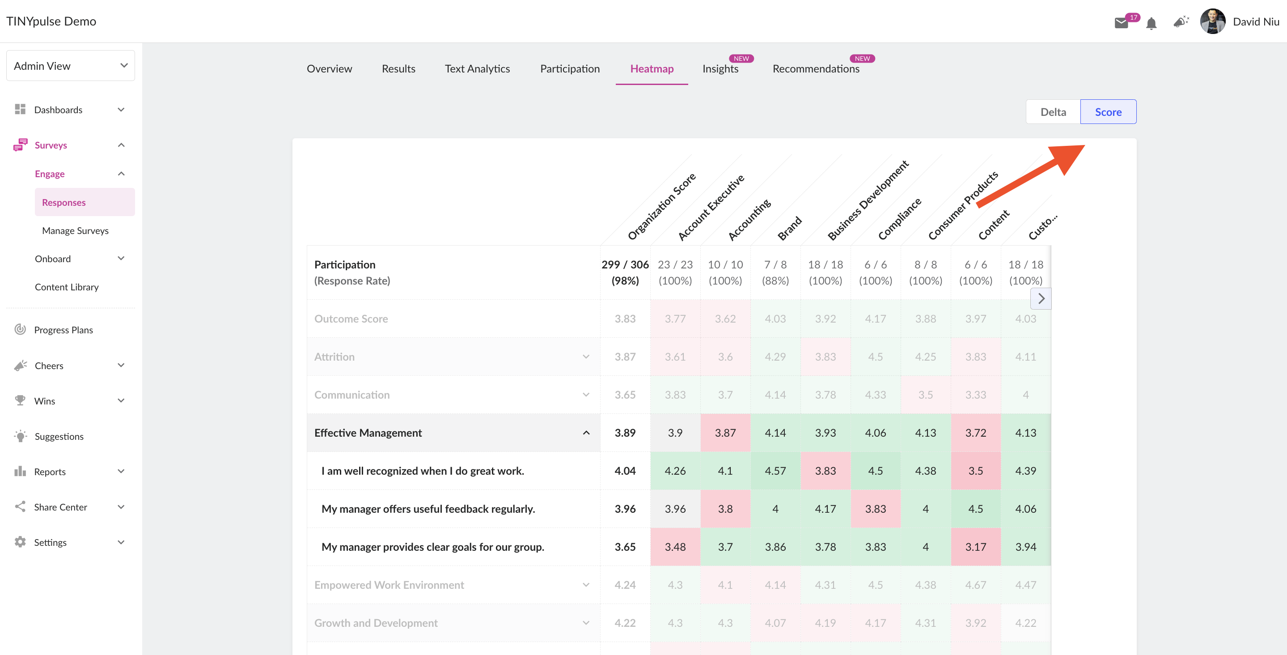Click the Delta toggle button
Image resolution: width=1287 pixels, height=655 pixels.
click(x=1053, y=112)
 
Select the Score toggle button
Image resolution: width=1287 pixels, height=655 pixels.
click(x=1108, y=112)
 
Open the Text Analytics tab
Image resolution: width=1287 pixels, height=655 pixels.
click(x=477, y=68)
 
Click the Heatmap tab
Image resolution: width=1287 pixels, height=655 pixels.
click(x=652, y=68)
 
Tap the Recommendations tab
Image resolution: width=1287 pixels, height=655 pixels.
click(x=816, y=68)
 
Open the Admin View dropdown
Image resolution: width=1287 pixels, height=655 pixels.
click(x=71, y=65)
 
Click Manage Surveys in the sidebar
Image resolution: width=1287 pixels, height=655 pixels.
click(x=76, y=230)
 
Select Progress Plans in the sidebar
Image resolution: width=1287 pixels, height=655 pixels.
click(x=64, y=330)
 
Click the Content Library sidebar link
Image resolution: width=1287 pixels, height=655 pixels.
click(x=67, y=287)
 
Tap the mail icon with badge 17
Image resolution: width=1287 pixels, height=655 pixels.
click(x=1122, y=23)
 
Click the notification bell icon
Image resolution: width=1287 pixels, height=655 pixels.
click(x=1151, y=23)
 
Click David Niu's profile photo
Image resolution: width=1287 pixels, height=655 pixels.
click(x=1213, y=21)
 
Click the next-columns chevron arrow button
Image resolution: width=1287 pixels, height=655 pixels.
click(x=1041, y=298)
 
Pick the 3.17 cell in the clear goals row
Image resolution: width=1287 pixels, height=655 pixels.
click(x=976, y=546)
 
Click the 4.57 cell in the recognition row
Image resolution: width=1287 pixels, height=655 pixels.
click(x=775, y=471)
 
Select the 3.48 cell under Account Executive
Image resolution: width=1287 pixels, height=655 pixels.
click(x=675, y=546)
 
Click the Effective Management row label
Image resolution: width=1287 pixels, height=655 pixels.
click(x=368, y=433)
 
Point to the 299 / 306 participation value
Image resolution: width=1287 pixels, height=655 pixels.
click(x=625, y=264)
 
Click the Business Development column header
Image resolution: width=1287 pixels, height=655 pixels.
click(x=868, y=200)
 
